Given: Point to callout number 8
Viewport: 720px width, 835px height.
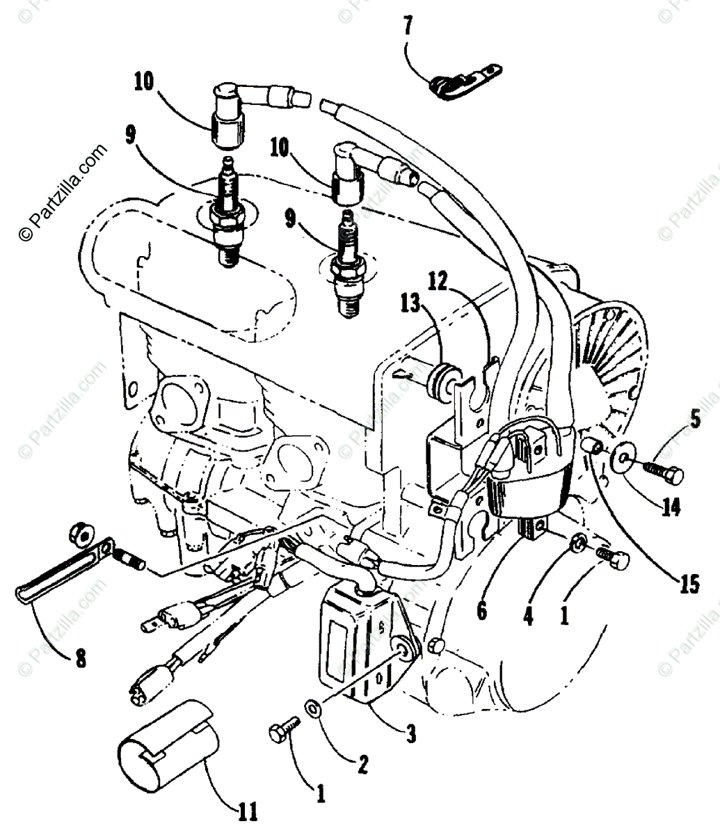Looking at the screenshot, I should (x=81, y=658).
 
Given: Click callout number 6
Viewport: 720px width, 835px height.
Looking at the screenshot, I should (x=482, y=611).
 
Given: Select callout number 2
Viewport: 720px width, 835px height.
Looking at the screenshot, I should (x=363, y=765).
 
